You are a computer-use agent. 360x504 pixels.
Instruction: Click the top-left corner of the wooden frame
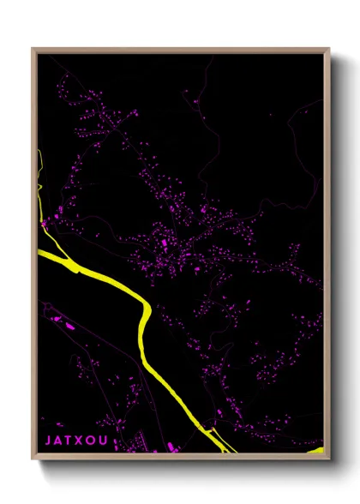point(33,49)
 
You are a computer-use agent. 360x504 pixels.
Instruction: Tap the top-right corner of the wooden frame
point(329,49)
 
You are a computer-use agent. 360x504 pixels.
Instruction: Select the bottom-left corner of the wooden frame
point(33,458)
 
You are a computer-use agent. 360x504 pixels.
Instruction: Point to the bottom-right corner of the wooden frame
point(329,458)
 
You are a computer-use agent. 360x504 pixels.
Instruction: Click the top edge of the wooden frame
point(180,49)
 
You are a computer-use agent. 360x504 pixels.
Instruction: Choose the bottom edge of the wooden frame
point(180,457)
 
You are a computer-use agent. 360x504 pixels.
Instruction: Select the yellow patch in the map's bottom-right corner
point(316,450)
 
